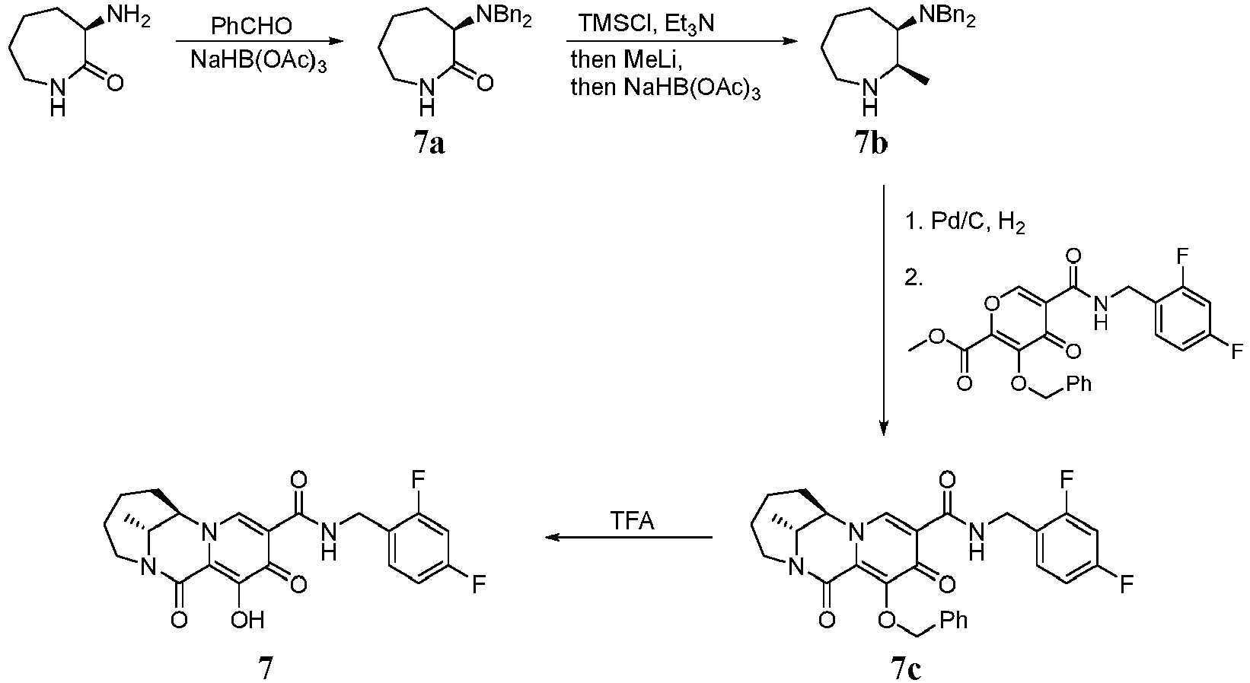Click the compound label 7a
coord(429,143)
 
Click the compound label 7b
coord(871,143)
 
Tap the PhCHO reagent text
coord(251,26)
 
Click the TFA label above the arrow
coord(633,522)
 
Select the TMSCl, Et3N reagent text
coord(646,25)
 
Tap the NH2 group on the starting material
coord(128,16)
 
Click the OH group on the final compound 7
coord(247,619)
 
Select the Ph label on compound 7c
coord(954,620)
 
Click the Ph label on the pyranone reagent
coord(1078,383)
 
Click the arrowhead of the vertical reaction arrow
coord(883,427)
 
